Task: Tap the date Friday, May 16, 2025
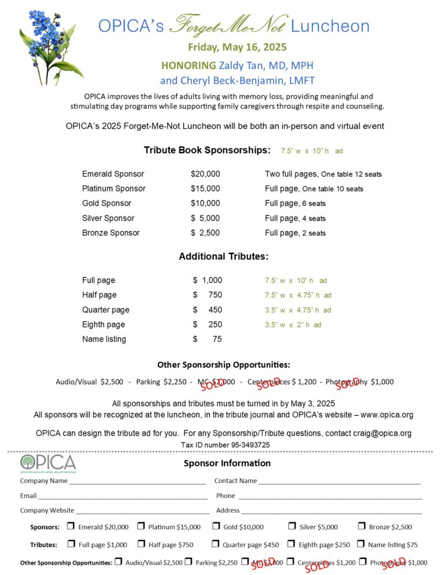(x=237, y=47)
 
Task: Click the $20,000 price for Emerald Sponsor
(x=205, y=174)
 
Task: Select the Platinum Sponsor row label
(x=113, y=189)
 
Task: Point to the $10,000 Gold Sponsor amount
(x=205, y=203)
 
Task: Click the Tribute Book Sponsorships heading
(x=207, y=150)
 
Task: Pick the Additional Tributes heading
(x=223, y=256)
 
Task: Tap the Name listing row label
(x=104, y=339)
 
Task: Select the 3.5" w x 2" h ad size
(x=293, y=325)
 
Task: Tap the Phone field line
(x=330, y=496)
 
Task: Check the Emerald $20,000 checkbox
(x=71, y=526)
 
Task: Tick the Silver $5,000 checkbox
(x=292, y=526)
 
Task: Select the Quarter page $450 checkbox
(x=216, y=544)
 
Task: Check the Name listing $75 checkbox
(x=361, y=544)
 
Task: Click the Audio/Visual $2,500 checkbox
(x=119, y=561)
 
